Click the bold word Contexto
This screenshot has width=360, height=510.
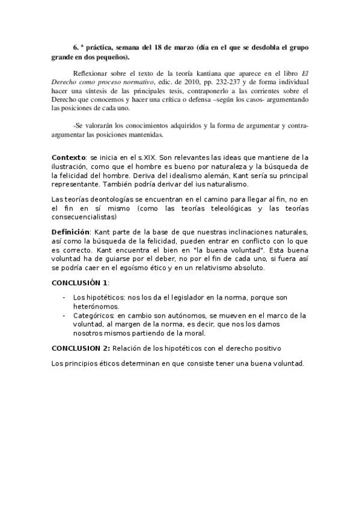click(x=69, y=157)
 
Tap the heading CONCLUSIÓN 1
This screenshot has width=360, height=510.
click(x=79, y=283)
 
